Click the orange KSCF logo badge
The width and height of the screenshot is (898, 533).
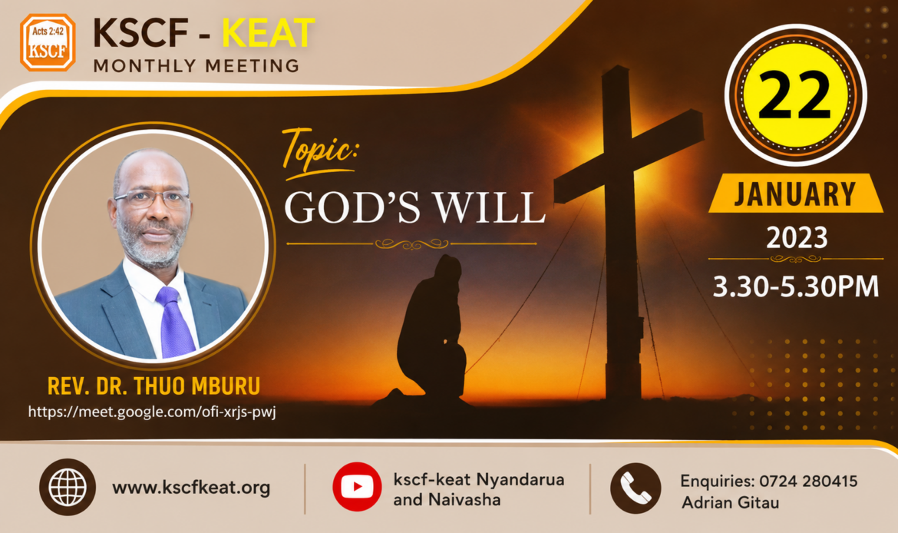click(48, 42)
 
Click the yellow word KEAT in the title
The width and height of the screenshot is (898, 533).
click(268, 33)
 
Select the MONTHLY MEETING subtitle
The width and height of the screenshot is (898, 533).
click(196, 66)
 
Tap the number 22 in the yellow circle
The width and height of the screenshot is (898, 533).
click(795, 94)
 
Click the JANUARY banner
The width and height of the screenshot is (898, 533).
click(795, 193)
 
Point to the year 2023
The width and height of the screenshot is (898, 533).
click(797, 238)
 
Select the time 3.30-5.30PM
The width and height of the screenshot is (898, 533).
click(795, 286)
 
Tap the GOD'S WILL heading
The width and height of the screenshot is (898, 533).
click(414, 207)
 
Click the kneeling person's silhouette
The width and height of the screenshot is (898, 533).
click(432, 329)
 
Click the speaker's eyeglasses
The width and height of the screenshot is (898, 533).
click(151, 198)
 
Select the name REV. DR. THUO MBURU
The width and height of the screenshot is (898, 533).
click(154, 386)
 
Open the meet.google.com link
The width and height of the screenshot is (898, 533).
click(152, 412)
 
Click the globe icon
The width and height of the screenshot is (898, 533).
click(68, 487)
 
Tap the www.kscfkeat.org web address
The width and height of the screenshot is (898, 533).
click(191, 488)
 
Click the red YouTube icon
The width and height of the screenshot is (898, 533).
click(357, 487)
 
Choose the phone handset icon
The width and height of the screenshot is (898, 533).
click(636, 488)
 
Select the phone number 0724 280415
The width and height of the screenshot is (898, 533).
click(809, 481)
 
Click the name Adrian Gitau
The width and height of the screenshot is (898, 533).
click(730, 502)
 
